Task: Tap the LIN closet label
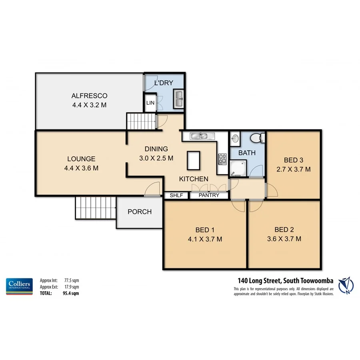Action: (x=150, y=103)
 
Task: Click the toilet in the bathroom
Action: (x=256, y=138)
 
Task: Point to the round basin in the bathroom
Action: (x=235, y=139)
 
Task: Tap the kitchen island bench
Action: (x=193, y=161)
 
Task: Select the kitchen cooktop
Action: (x=222, y=158)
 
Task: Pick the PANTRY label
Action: (x=209, y=196)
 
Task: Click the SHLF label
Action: (x=176, y=196)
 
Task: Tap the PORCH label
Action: (x=140, y=212)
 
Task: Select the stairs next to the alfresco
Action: (x=140, y=121)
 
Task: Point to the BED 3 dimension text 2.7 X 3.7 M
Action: (x=294, y=169)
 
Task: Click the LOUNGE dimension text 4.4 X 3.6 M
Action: (x=81, y=168)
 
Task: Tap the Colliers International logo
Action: (x=19, y=286)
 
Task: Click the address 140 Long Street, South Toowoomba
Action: (x=283, y=280)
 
